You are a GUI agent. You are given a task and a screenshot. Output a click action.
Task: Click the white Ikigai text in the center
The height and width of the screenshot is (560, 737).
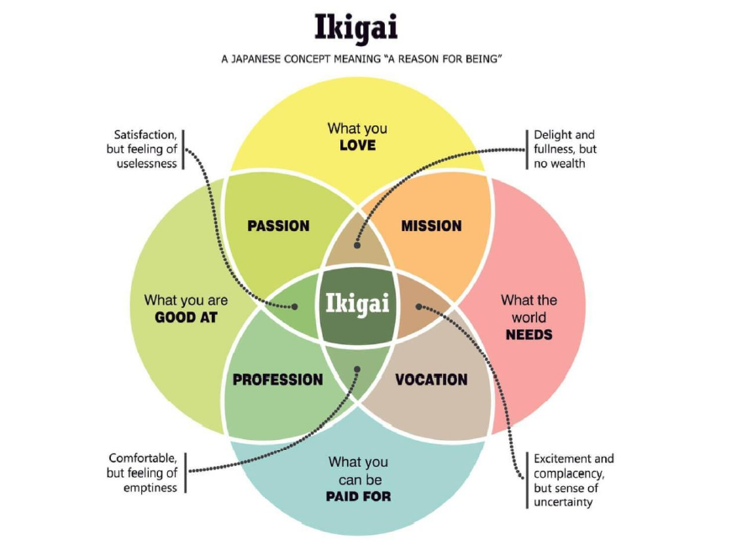pos(357,303)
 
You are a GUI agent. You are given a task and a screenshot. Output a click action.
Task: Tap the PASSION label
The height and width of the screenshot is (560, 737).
pos(278,226)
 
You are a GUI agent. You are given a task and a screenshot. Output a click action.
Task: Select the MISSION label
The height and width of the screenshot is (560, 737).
pos(431,226)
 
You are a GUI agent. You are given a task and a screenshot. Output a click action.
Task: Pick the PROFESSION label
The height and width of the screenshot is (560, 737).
pos(277,379)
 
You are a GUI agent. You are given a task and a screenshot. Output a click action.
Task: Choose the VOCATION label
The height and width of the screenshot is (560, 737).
pos(431,379)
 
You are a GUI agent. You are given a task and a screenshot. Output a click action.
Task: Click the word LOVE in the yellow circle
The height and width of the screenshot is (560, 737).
pos(357,145)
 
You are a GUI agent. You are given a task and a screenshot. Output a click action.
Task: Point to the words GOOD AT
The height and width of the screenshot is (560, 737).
pos(187,317)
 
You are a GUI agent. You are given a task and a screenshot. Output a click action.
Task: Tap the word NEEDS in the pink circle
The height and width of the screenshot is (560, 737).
pos(529,334)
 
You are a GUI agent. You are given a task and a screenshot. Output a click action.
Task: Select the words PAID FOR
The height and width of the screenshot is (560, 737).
pos(357,496)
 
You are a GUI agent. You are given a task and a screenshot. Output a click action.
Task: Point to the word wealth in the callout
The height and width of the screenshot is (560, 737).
pos(570,164)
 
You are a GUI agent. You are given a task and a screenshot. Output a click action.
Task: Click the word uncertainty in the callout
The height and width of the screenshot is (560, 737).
pos(563,502)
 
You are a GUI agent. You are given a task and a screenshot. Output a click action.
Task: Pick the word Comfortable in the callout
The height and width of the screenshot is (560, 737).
pos(143,458)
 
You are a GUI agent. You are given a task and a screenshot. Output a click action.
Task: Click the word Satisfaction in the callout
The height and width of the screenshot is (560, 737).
pos(145,134)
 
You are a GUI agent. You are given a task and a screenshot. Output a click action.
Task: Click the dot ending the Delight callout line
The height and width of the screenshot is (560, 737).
pos(356,245)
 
